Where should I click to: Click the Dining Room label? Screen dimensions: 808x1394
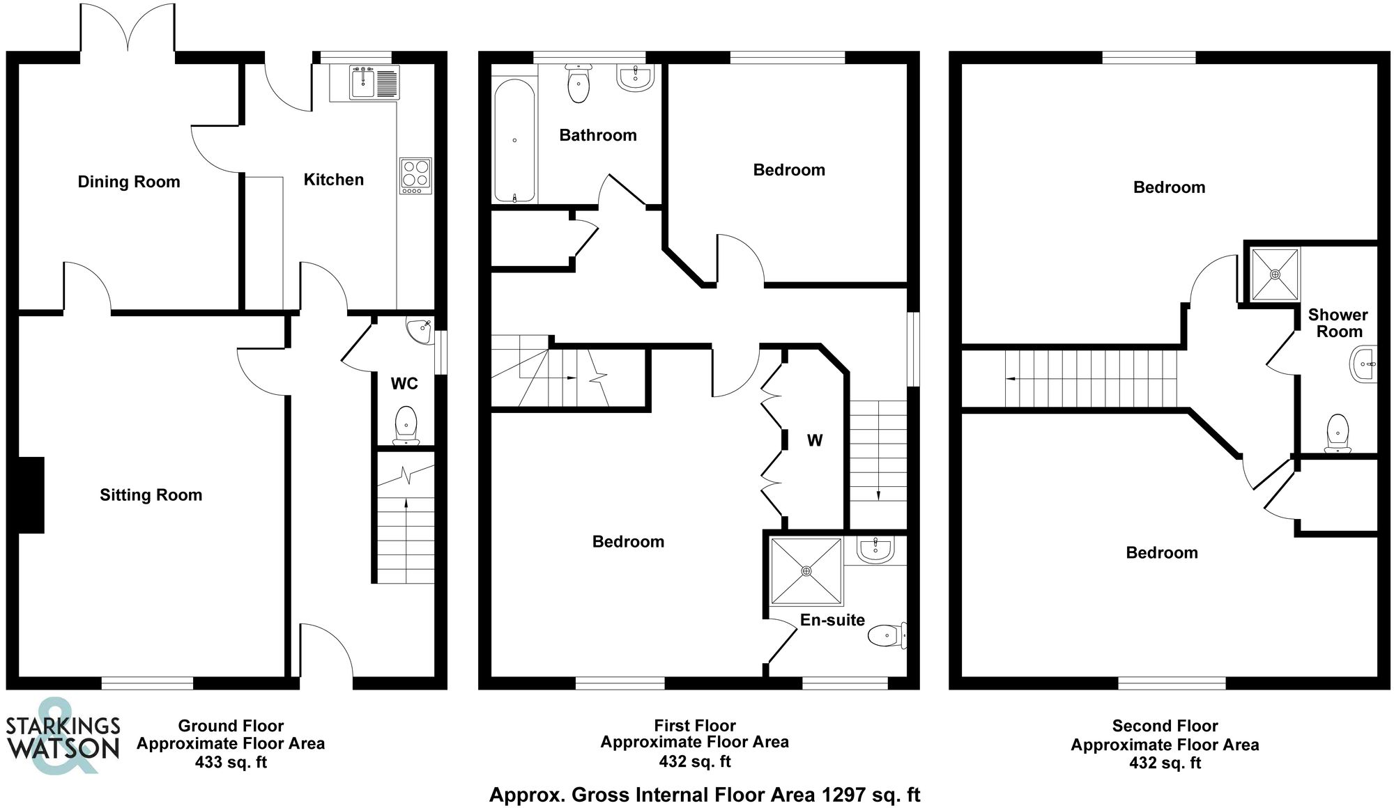coord(128,182)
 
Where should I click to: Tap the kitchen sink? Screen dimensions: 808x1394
coord(364,83)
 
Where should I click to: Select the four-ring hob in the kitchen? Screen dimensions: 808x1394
coord(415,176)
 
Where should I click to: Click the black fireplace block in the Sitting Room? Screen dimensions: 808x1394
coord(31,495)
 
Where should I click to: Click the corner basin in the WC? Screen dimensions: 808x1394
coord(420,331)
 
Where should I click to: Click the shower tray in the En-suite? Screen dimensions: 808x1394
coord(806,571)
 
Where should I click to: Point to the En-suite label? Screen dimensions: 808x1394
coord(832,620)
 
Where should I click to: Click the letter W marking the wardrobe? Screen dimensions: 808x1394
coord(814,440)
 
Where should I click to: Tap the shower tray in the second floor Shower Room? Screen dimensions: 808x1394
coord(1275,274)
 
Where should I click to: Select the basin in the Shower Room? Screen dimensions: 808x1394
coord(1365,364)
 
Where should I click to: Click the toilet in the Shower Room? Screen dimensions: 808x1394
coord(1338,433)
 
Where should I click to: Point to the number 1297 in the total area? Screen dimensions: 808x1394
coord(844,795)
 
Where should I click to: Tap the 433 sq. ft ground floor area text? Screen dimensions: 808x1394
coord(231,762)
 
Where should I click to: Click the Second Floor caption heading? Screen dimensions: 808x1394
coord(1165,726)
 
